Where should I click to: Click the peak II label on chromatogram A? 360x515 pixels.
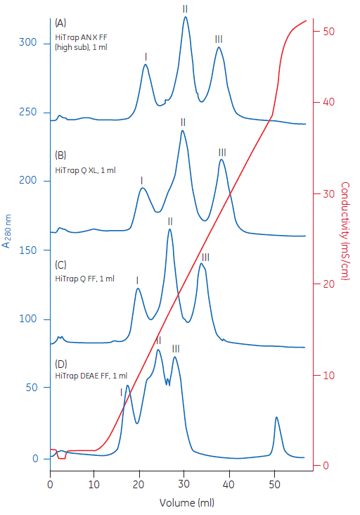click(x=185, y=8)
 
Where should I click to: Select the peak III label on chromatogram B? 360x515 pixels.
click(x=222, y=152)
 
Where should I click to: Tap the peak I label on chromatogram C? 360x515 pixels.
click(x=137, y=280)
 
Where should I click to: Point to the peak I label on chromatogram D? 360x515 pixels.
click(x=122, y=392)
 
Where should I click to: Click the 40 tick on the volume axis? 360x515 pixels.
click(x=229, y=485)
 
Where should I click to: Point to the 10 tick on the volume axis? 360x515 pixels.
click(x=94, y=485)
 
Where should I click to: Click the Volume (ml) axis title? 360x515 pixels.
click(x=186, y=503)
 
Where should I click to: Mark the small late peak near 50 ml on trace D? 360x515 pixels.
click(x=276, y=418)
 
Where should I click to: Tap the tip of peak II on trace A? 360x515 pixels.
click(x=186, y=17)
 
